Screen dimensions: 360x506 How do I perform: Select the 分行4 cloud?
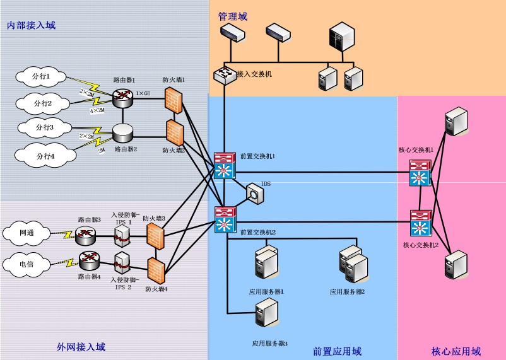point(42,155)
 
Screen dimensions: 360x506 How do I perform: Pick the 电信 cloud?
point(27,263)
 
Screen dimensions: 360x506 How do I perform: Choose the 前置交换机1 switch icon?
point(225,166)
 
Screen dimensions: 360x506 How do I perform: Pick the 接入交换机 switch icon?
point(223,75)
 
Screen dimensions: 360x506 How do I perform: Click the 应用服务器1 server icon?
point(265,264)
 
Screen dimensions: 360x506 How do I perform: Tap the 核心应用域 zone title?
point(456,351)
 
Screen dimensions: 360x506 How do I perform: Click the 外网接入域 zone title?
point(81,347)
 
